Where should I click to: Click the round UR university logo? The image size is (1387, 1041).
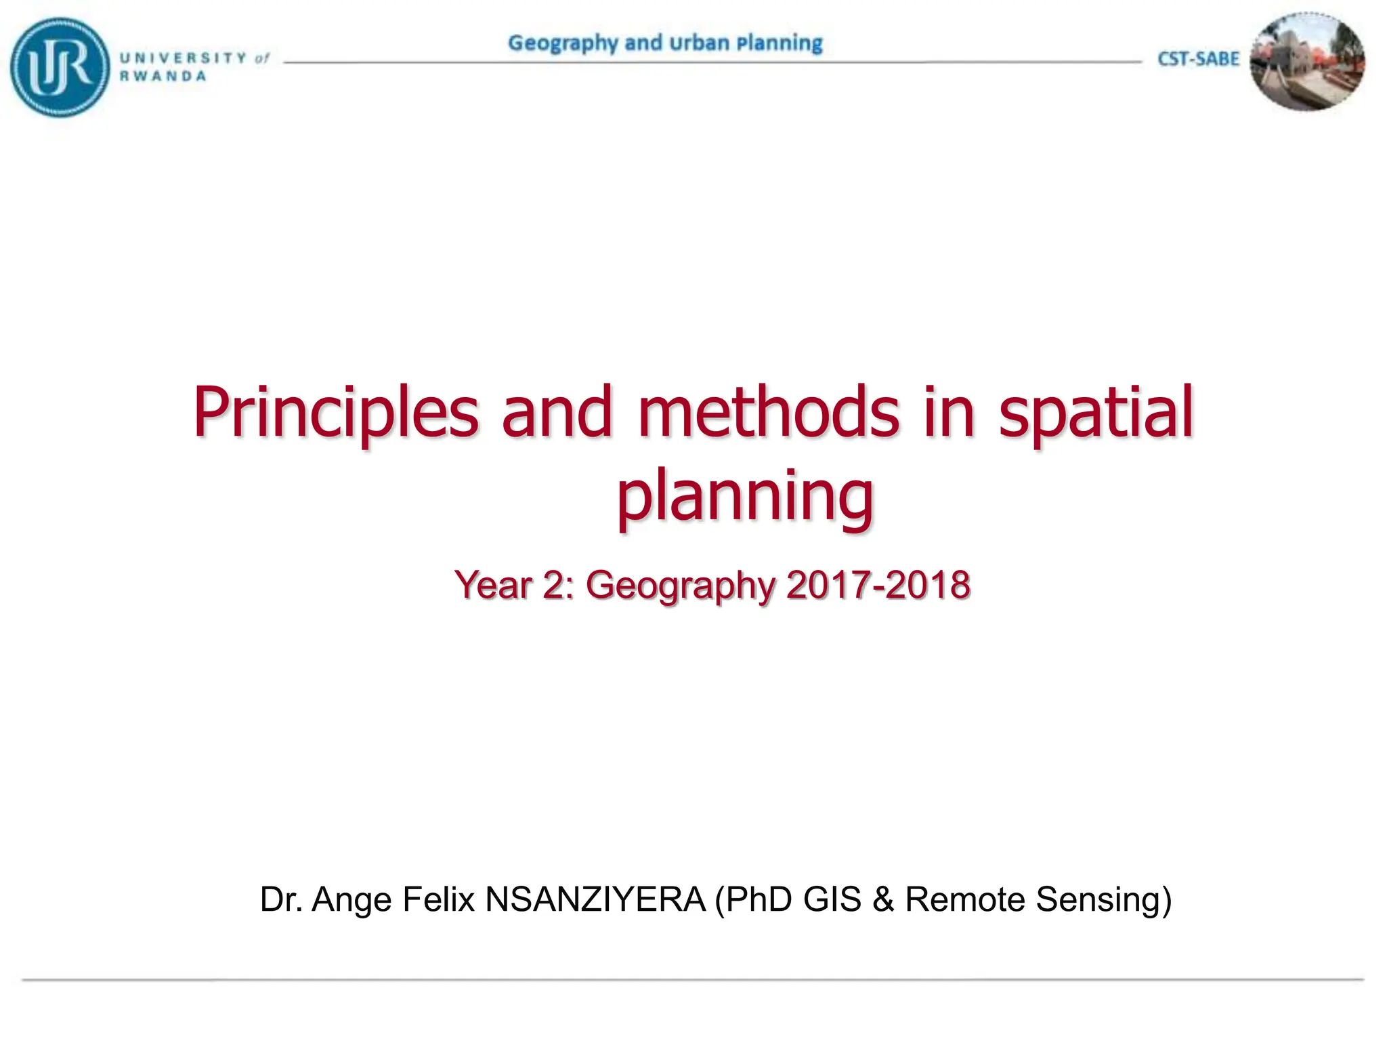tap(60, 67)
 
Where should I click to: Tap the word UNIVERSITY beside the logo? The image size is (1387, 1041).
tap(183, 58)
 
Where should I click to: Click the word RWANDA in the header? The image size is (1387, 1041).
tap(163, 77)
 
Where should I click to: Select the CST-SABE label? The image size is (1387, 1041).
tap(1198, 60)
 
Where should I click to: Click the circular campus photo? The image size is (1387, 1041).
tap(1307, 62)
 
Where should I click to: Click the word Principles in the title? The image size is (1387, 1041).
tap(336, 412)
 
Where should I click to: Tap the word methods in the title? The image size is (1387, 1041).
tap(769, 412)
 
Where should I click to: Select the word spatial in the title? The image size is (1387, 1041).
tap(1095, 412)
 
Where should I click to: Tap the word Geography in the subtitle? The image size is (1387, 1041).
tap(681, 586)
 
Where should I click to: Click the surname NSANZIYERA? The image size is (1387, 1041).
tap(595, 899)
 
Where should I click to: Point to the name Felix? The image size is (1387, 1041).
tap(438, 899)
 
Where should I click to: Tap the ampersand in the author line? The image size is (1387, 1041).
tap(883, 899)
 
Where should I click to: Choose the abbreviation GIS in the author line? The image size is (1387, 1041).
tap(832, 899)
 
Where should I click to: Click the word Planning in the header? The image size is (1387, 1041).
tap(780, 43)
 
